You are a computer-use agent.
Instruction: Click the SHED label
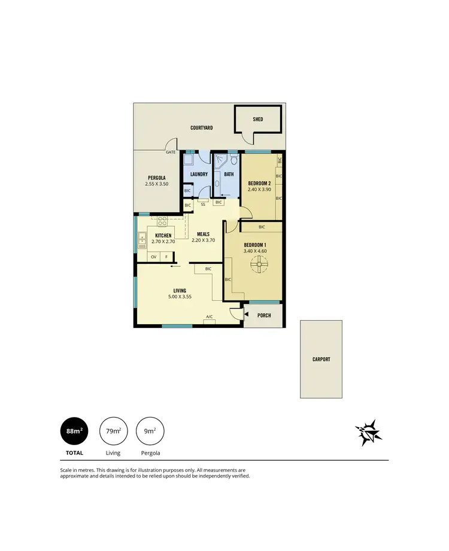258,119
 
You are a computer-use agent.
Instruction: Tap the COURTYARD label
202,128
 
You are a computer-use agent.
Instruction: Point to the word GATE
171,153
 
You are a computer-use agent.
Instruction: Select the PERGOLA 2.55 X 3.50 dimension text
156,184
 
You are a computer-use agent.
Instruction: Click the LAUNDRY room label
198,174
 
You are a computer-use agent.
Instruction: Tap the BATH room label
229,174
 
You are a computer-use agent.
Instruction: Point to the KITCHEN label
163,236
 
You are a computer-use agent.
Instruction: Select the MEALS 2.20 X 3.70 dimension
203,241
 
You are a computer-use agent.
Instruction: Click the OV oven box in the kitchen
154,257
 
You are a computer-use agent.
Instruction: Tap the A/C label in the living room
210,316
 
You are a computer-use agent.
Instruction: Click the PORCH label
264,315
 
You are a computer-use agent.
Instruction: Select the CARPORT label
321,360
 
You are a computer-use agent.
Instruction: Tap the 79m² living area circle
113,431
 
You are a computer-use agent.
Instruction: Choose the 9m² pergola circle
151,431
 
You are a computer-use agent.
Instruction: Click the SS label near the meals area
204,205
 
